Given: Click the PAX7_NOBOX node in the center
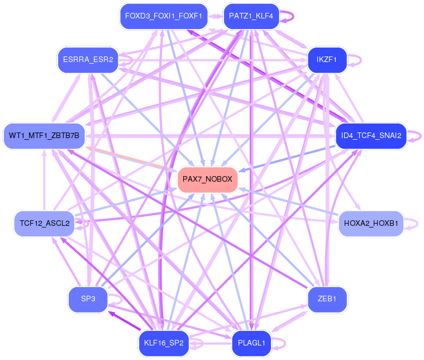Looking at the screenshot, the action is (207, 180).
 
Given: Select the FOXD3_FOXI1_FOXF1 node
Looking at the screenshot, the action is (164, 16).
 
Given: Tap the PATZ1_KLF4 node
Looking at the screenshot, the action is (251, 16).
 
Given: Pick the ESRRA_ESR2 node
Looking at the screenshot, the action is (88, 60).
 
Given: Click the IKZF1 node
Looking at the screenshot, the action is (327, 60).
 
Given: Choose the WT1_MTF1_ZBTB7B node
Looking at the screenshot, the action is (44, 136).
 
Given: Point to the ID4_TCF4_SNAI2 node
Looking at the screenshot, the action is (371, 136).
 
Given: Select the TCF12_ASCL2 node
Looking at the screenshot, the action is (44, 224).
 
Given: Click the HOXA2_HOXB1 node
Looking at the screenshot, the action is (371, 224).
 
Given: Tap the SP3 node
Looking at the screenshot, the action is (88, 299).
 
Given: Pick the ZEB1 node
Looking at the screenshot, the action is (327, 299).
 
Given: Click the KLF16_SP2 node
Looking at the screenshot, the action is (164, 343).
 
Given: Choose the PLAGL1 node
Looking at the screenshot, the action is (251, 343).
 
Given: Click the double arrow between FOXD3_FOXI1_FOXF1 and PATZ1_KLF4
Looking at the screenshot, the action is (216, 16).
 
